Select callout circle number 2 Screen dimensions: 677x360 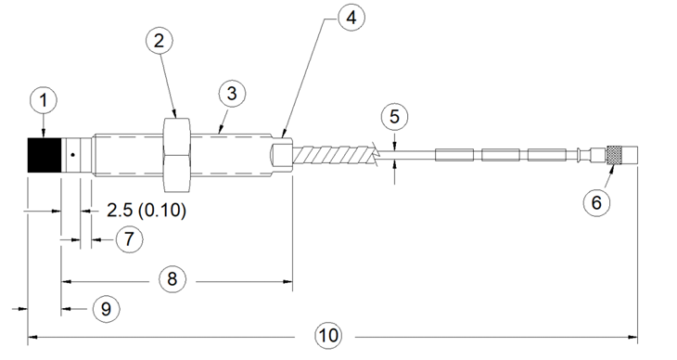160,41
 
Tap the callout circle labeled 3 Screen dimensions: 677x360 232,94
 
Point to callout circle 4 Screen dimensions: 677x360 351,19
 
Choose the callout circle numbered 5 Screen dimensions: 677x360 395,117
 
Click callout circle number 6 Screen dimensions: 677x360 596,202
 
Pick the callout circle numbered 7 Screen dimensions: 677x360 130,239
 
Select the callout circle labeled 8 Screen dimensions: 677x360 172,278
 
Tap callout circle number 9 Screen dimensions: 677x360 107,309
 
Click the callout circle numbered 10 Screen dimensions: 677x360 327,335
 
